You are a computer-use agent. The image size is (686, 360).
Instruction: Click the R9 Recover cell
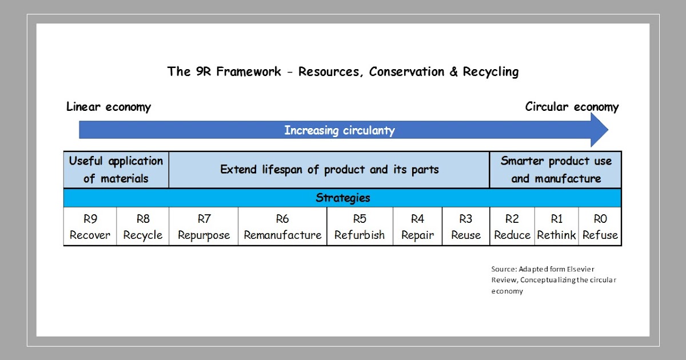(90, 227)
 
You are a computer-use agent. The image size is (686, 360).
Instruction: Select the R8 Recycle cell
(142, 227)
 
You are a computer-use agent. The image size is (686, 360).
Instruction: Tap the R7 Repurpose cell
(204, 227)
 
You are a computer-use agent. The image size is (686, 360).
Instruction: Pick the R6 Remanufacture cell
(282, 227)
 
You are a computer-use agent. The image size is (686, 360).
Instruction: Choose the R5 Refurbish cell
(360, 227)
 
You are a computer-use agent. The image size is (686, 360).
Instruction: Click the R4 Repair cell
(417, 227)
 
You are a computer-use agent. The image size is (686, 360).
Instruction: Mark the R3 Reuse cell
(466, 227)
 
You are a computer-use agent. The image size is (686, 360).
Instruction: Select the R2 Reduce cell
(512, 227)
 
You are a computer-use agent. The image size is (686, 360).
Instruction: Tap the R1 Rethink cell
(556, 227)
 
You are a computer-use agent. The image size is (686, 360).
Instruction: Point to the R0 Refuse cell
(600, 227)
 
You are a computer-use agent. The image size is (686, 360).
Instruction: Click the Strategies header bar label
(342, 198)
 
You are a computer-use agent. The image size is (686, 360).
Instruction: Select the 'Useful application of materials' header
(116, 170)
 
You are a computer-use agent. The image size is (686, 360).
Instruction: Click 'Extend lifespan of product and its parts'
(329, 170)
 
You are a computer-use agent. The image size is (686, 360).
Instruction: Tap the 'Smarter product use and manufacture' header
(556, 170)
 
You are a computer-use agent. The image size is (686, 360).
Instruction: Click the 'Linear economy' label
(109, 107)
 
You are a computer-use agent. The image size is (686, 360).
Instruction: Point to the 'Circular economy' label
(572, 107)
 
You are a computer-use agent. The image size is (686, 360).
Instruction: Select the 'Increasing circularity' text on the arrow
(340, 130)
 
